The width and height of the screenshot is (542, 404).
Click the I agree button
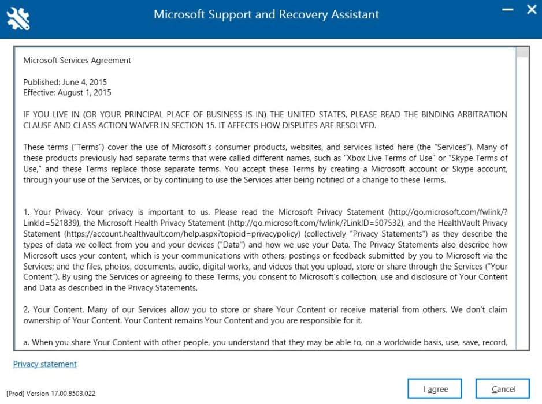(x=435, y=389)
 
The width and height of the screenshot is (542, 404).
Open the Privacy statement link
(x=45, y=364)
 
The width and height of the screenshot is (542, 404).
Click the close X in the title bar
(x=532, y=10)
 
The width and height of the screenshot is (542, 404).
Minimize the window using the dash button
(x=508, y=10)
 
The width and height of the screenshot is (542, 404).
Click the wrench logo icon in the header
(x=18, y=18)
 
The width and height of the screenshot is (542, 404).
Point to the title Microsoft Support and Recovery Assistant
(x=266, y=14)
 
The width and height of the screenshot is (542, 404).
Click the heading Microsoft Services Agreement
(x=77, y=61)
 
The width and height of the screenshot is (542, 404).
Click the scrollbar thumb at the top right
(x=522, y=53)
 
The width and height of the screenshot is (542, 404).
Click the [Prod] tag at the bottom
(x=16, y=394)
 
